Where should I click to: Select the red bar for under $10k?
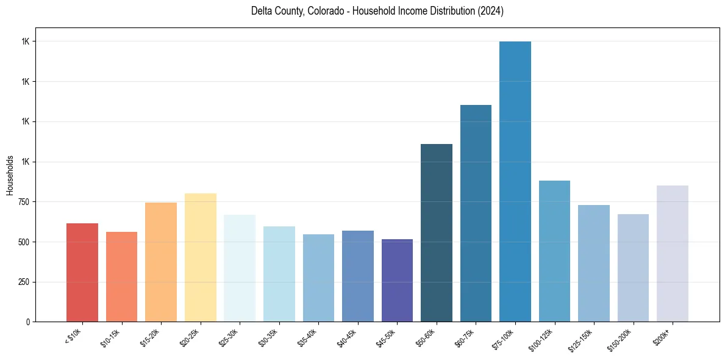click(x=82, y=272)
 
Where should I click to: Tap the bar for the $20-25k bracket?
click(x=201, y=257)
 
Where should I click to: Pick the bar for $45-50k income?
click(x=397, y=280)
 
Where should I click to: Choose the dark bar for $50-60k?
click(x=437, y=232)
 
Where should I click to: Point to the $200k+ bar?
click(x=673, y=253)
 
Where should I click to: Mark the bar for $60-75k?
click(x=476, y=213)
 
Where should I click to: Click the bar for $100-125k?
click(x=554, y=251)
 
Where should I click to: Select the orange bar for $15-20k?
click(x=161, y=262)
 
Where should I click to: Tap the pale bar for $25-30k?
click(x=240, y=268)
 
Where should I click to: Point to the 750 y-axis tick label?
click(x=23, y=202)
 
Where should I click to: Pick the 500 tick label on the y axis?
click(x=23, y=242)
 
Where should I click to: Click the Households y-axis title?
click(x=10, y=175)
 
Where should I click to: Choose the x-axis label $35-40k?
click(x=309, y=338)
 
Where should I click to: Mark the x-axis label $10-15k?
click(x=112, y=338)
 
